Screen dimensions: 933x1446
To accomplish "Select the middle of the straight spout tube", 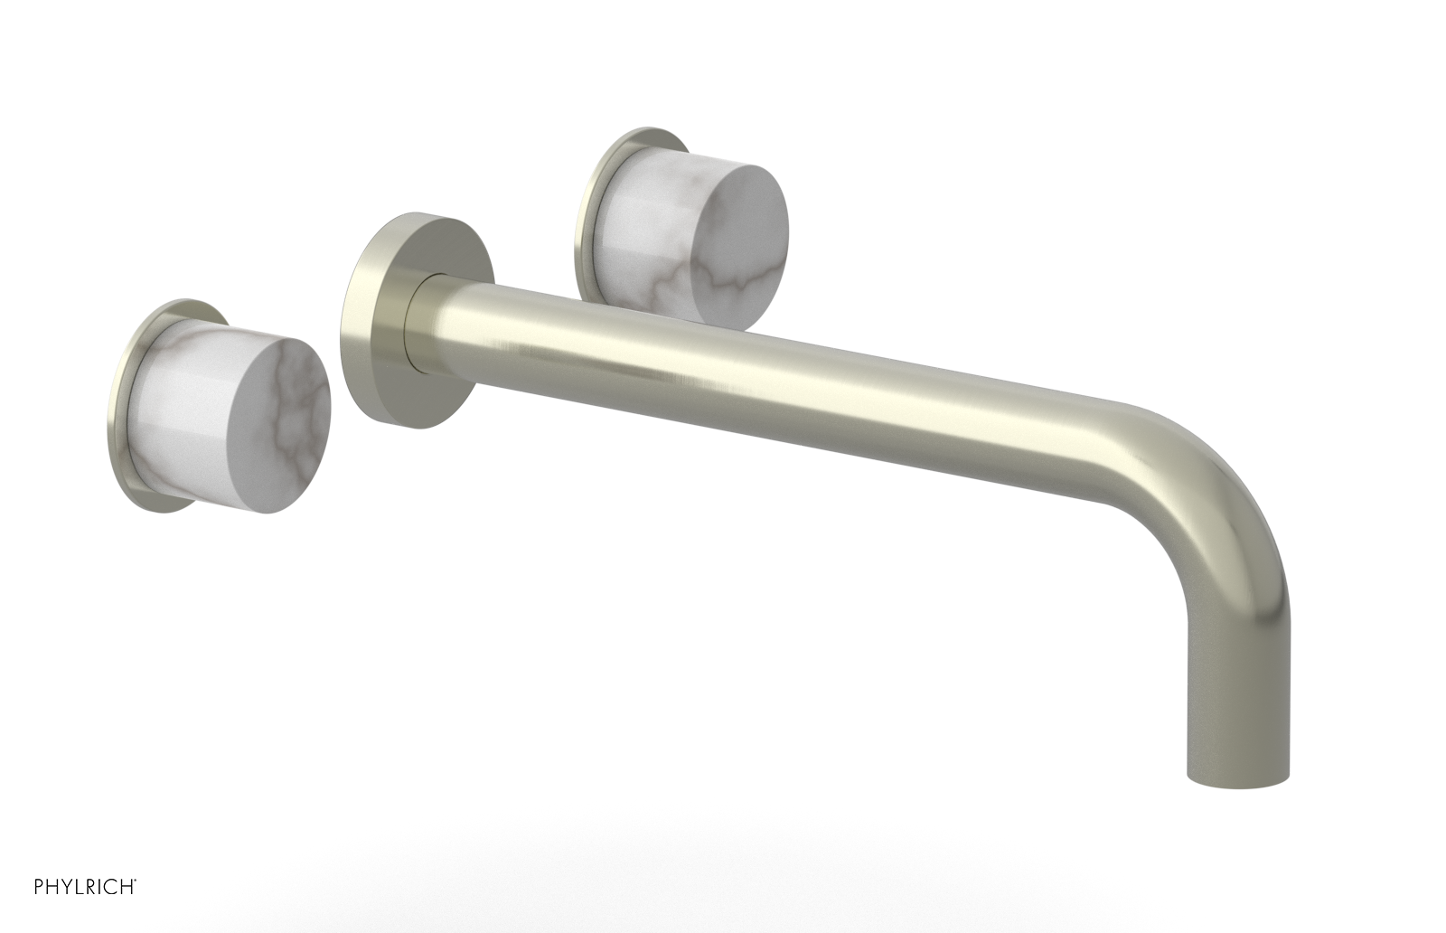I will click(x=768, y=380).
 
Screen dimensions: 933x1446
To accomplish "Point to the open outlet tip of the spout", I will click(x=1236, y=779).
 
